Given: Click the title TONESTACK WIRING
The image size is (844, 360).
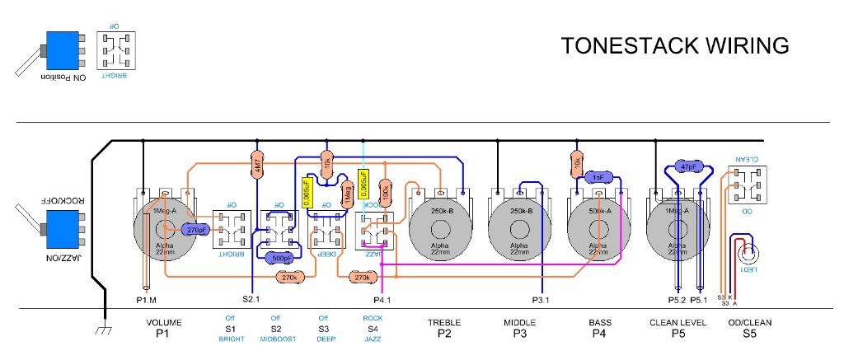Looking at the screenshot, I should pyautogui.click(x=675, y=46).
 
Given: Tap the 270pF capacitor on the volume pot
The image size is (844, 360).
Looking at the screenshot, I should pyautogui.click(x=195, y=230).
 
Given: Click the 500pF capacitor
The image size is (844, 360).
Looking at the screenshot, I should pyautogui.click(x=281, y=257).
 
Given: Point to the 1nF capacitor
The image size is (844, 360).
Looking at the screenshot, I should pyautogui.click(x=598, y=177).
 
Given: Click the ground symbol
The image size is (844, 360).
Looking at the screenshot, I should pyautogui.click(x=105, y=330).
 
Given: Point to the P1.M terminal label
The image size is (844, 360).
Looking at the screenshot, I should pyautogui.click(x=147, y=300).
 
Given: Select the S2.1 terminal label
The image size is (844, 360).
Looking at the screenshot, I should pyautogui.click(x=251, y=300).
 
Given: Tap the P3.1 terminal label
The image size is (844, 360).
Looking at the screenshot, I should pyautogui.click(x=542, y=300).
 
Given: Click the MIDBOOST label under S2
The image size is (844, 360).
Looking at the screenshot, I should pyautogui.click(x=275, y=339).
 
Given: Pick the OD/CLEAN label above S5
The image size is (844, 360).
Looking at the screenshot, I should pyautogui.click(x=749, y=322).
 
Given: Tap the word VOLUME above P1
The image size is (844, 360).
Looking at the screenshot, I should pyautogui.click(x=163, y=322).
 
